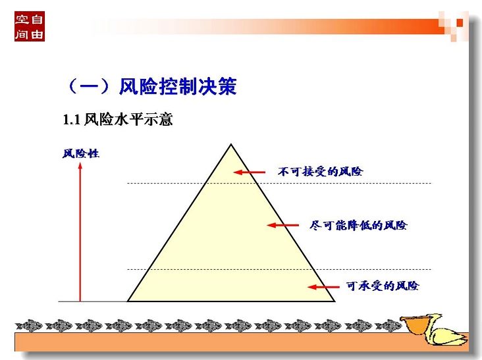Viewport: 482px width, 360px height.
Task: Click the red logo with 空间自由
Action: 30,26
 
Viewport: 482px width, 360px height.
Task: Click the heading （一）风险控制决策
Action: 151,86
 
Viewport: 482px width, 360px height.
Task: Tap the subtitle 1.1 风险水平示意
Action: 118,120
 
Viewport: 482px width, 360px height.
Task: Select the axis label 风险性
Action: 81,153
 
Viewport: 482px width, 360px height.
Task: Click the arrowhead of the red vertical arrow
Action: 80,166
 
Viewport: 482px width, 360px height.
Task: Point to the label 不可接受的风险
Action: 320,171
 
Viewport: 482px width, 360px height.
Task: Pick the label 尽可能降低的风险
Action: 358,226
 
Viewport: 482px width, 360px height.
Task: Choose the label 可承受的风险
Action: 383,286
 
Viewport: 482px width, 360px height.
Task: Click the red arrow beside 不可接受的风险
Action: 250,172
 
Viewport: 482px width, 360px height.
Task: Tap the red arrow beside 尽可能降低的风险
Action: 282,225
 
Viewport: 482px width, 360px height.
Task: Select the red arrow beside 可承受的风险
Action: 323,287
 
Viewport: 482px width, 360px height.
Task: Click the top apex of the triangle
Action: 231,144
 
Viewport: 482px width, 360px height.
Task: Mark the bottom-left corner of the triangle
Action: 128,301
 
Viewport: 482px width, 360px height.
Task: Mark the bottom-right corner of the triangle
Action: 335,301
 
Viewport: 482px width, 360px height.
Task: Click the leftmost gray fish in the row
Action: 29,326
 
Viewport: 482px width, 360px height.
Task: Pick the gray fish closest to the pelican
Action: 388,326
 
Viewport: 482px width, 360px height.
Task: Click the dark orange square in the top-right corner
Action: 460,23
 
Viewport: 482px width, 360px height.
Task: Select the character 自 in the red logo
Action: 37,19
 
